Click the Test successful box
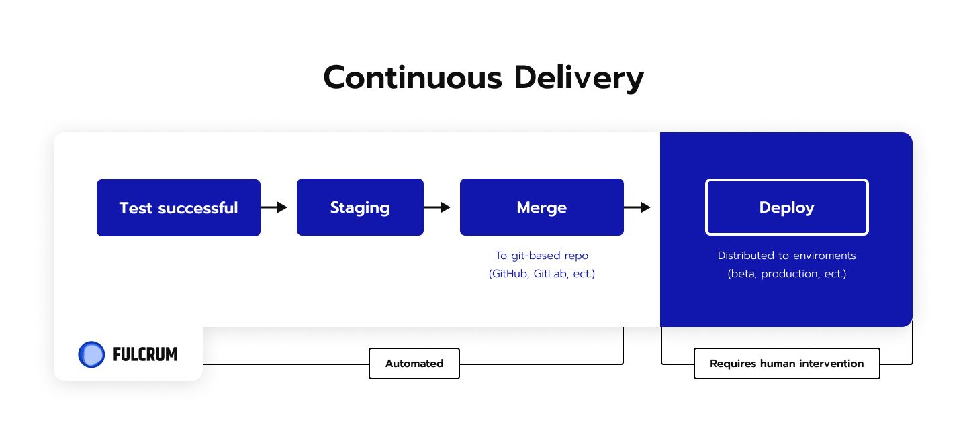(x=179, y=207)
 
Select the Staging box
(x=360, y=207)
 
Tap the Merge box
(x=542, y=207)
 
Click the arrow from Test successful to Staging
(x=274, y=207)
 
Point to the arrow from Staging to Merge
(x=437, y=207)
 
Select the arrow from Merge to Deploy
(x=637, y=207)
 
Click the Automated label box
(x=414, y=364)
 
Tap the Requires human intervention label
(x=786, y=364)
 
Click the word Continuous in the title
(x=413, y=78)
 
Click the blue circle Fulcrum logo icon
(x=91, y=354)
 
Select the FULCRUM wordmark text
(x=145, y=354)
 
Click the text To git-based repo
(x=542, y=256)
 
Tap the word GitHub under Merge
(x=509, y=274)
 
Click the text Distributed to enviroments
(x=786, y=256)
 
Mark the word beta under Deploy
(x=742, y=274)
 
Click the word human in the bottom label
(x=778, y=364)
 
